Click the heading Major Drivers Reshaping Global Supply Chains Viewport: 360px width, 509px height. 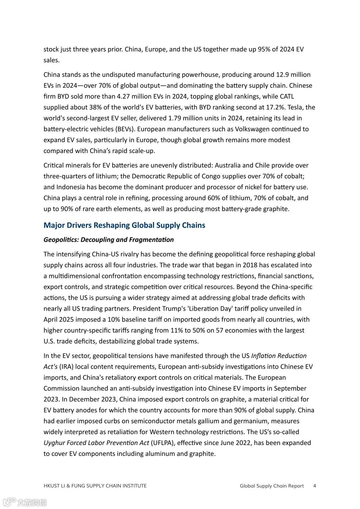point(124,225)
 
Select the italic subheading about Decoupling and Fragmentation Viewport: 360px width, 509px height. point(109,240)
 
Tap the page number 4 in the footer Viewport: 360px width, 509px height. point(314,486)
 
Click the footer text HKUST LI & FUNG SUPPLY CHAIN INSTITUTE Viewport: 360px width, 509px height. point(95,486)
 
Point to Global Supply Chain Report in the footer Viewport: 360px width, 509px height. point(272,486)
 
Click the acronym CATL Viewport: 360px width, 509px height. point(287,96)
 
